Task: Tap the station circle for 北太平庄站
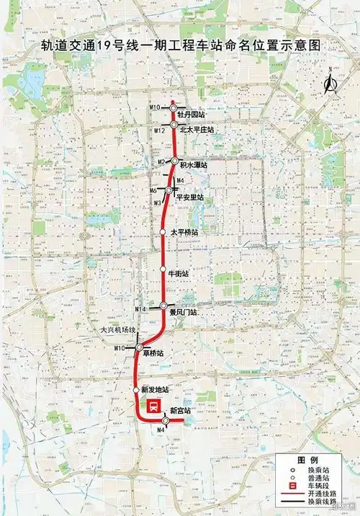coord(174,125)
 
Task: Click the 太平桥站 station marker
coord(163,232)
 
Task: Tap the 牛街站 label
coord(179,274)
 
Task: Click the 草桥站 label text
coord(152,353)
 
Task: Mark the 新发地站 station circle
coord(137,390)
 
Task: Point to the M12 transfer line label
coord(160,130)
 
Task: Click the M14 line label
coord(140,309)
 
